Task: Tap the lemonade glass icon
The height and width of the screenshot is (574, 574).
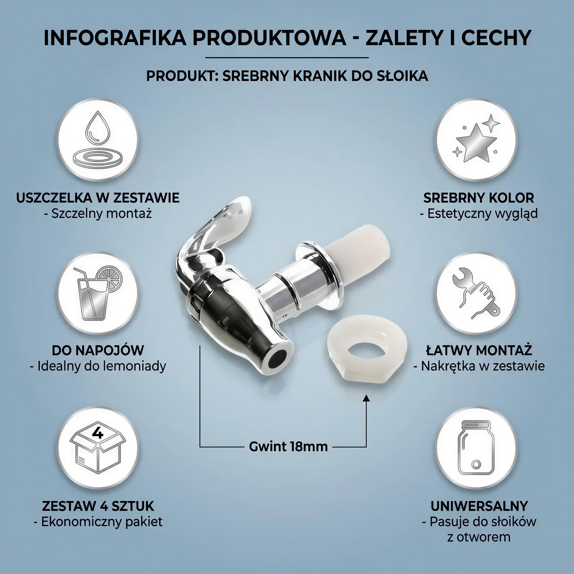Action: pos(98,293)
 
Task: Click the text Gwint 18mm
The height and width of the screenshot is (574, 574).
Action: pos(288,447)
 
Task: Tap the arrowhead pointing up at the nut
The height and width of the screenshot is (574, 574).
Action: pos(366,398)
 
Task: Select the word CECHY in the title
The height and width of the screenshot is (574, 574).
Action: pos(496,38)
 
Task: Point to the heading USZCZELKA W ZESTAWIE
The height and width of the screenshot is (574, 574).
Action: pos(98,198)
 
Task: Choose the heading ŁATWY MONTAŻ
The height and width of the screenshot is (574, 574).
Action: pos(479,350)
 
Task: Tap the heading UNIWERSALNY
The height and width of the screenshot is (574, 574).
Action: pos(479,506)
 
